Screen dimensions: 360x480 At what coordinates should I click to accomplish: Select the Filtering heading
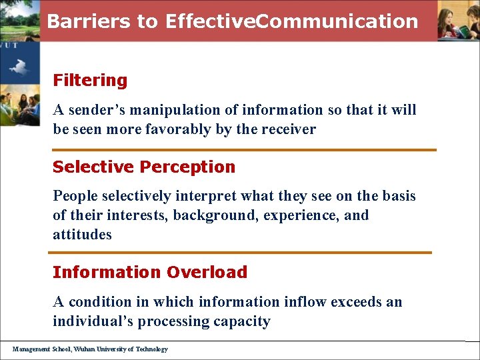pos(90,80)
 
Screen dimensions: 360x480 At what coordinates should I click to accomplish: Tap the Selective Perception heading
pos(144,167)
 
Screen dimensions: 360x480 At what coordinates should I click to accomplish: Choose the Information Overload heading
pos(150,272)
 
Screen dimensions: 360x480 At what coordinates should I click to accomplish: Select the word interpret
pos(205,196)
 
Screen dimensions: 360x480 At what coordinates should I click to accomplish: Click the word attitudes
pos(82,235)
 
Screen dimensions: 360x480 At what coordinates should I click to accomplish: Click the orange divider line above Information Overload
pos(240,253)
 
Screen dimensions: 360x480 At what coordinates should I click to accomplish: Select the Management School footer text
pos(90,349)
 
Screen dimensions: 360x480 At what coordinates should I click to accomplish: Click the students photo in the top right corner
pos(458,20)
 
